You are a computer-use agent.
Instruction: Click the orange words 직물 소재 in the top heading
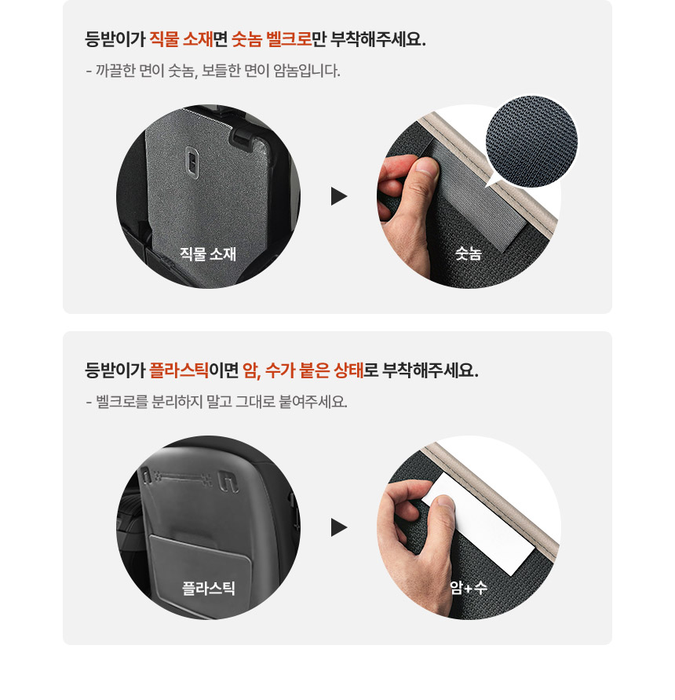[181, 39]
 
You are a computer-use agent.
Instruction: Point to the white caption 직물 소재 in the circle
[208, 253]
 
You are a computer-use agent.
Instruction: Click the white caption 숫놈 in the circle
[469, 253]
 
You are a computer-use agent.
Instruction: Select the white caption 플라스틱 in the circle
[208, 587]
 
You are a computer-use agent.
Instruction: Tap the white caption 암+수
[469, 587]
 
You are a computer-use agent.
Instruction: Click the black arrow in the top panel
[338, 196]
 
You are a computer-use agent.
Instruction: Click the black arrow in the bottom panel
[338, 527]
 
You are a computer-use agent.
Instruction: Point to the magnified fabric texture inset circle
[531, 140]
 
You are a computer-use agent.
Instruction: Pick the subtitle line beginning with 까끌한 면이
[213, 71]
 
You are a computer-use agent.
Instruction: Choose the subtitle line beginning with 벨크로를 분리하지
[216, 403]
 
